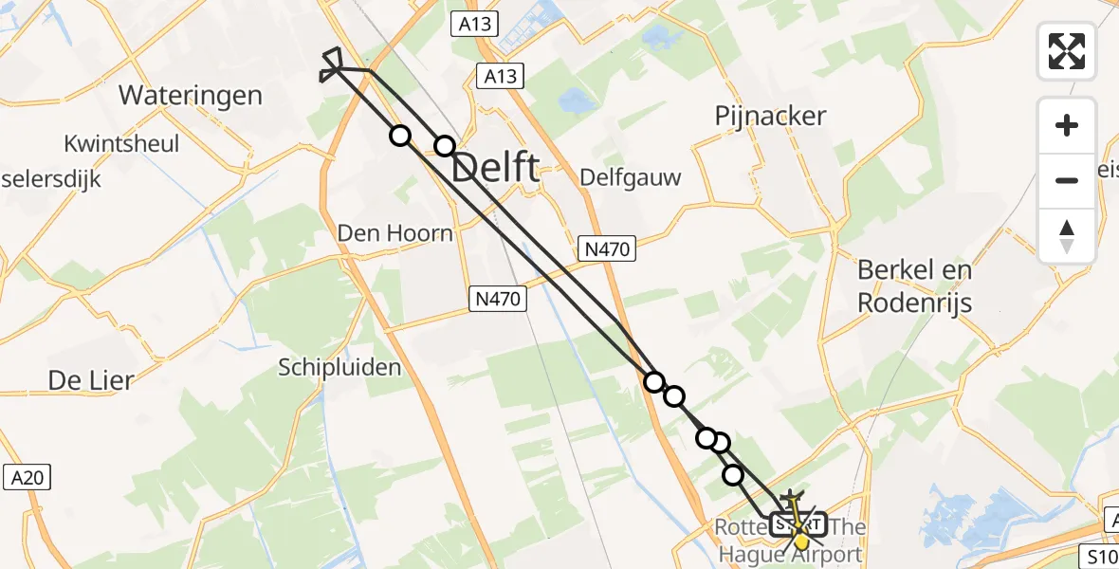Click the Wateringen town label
coord(191,95)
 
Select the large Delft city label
coord(495,169)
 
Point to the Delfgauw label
coord(631,177)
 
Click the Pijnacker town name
coord(770,117)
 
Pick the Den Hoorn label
coord(395,232)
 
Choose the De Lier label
coord(91,380)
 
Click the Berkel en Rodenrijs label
coord(914,285)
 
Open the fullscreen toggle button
coord(1067,51)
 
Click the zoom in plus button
coord(1067,125)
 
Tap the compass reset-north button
coord(1067,235)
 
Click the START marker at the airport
coord(796,523)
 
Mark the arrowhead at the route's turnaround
coord(333,64)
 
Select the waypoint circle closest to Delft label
coord(445,146)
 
